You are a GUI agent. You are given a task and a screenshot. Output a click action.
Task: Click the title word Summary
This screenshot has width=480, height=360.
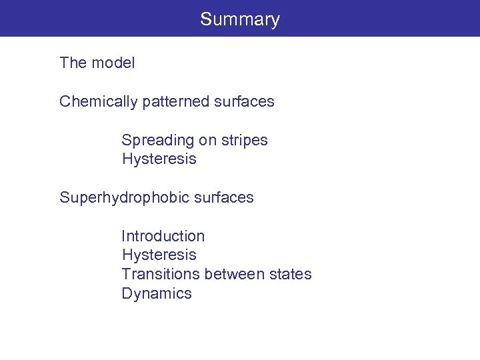pyautogui.click(x=240, y=19)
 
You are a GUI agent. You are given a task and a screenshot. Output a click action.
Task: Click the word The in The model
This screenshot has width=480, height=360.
pyautogui.click(x=73, y=63)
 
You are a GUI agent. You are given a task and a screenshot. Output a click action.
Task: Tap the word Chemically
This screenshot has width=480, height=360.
pyautogui.click(x=97, y=102)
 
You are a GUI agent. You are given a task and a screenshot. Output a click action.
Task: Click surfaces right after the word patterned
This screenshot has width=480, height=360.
pyautogui.click(x=245, y=102)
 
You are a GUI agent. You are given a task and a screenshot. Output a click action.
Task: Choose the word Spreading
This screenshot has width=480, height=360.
pyautogui.click(x=158, y=141)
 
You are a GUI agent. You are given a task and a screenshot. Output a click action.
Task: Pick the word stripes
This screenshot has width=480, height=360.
pyautogui.click(x=245, y=141)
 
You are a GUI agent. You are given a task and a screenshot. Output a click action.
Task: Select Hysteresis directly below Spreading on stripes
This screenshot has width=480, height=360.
pyautogui.click(x=159, y=159)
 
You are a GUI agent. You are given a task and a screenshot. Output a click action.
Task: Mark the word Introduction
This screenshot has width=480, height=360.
pyautogui.click(x=163, y=236)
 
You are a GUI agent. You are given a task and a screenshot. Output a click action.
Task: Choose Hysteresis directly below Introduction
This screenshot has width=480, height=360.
pyautogui.click(x=159, y=255)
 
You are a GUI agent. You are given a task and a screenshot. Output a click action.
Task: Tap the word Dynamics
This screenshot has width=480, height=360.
pyautogui.click(x=156, y=294)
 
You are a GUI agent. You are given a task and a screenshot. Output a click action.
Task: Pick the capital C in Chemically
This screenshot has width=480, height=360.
pyautogui.click(x=65, y=102)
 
